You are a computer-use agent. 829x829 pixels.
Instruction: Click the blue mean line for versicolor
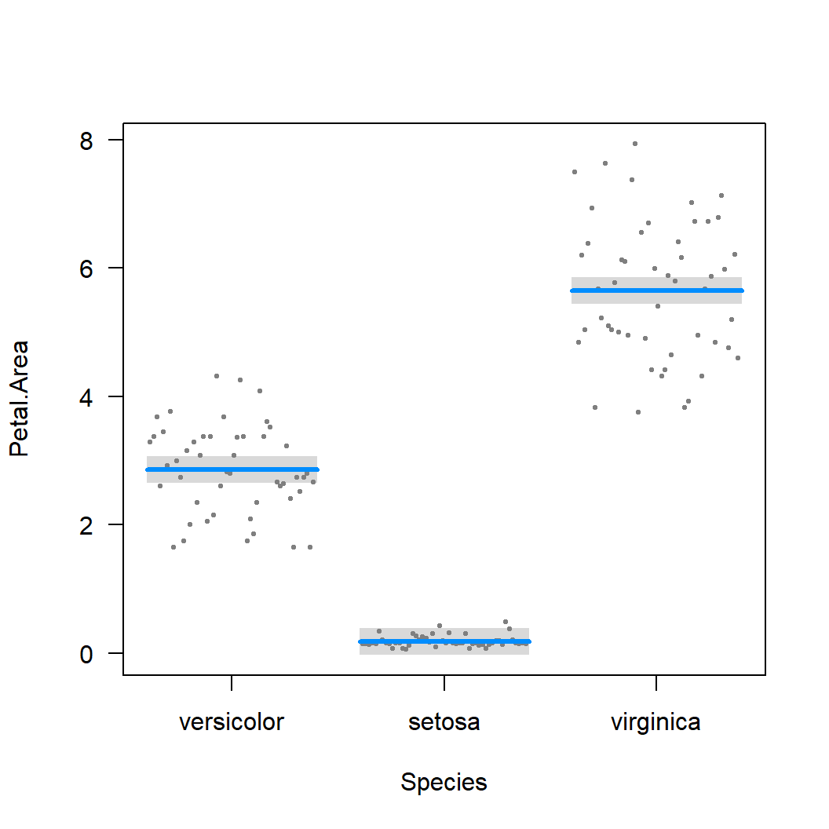point(232,469)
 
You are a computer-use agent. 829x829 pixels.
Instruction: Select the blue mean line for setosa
point(444,641)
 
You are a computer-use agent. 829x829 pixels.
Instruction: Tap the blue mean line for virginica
point(656,290)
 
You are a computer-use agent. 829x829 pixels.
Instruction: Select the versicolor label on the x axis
point(232,721)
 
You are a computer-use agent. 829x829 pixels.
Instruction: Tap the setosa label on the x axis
point(444,721)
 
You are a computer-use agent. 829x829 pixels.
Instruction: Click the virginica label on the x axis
point(656,721)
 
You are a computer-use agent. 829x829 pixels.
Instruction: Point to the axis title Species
point(444,782)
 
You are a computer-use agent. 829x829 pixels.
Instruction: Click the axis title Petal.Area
point(19,398)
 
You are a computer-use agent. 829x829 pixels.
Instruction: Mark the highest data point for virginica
point(634,144)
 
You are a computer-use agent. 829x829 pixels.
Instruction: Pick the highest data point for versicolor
point(217,376)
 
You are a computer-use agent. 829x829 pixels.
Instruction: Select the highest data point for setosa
point(506,622)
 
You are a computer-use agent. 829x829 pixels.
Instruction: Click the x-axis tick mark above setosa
point(444,682)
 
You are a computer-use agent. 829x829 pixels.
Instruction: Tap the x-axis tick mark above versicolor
point(232,682)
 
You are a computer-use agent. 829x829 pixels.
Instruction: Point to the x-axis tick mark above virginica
point(656,682)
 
